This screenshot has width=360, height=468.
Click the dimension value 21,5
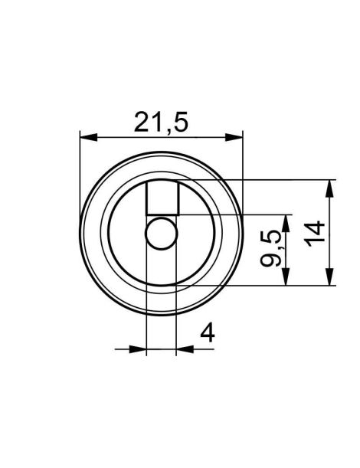161,122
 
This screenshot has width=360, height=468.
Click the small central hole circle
161,233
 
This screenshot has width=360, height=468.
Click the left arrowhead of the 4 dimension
138,349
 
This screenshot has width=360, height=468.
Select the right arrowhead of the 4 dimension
184,349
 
